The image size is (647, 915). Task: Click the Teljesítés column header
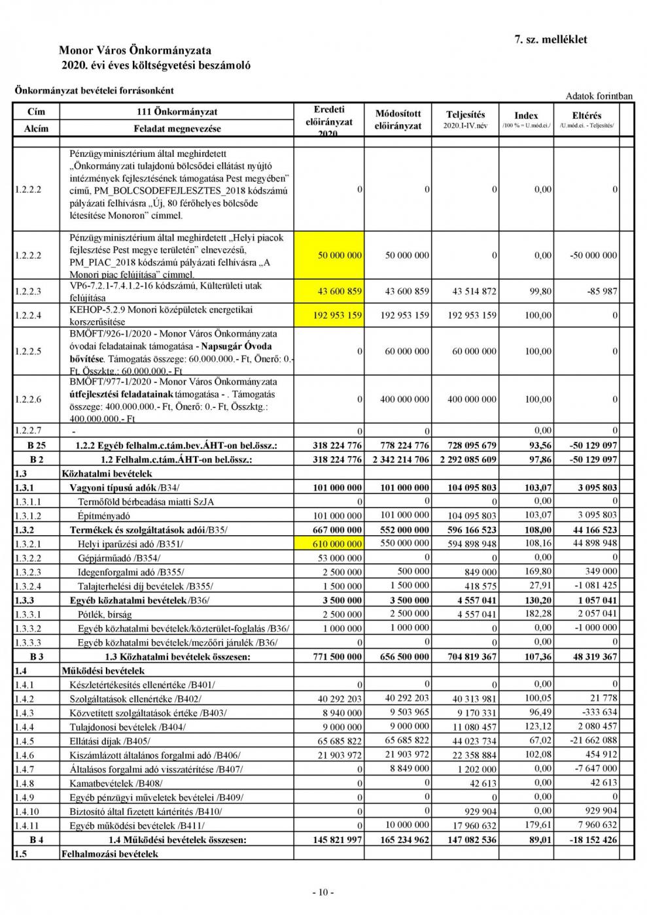465,114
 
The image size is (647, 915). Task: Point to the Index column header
526,116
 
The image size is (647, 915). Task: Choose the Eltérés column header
586,116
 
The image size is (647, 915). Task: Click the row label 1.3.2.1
27,544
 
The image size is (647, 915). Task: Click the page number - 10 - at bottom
323,891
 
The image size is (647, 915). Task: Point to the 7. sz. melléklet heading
551,39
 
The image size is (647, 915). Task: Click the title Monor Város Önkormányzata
135,50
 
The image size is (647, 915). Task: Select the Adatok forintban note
599,96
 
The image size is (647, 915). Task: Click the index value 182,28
538,614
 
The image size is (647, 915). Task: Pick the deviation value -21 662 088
591,740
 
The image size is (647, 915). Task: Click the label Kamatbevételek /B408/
116,783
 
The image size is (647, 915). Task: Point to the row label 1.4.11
27,825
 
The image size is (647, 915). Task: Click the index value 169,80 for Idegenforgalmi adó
538,572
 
